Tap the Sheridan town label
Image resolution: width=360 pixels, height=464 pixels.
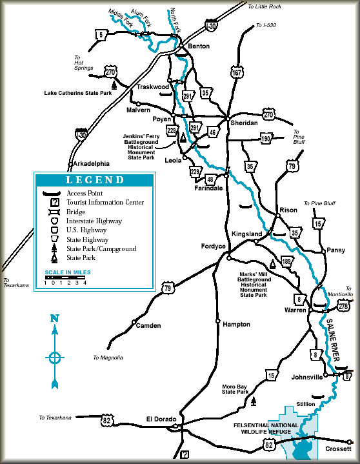(x=243, y=123)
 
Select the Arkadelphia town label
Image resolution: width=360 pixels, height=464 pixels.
(x=92, y=163)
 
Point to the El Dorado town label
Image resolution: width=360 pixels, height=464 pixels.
(x=161, y=419)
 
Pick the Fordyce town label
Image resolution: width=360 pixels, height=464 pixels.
(x=214, y=246)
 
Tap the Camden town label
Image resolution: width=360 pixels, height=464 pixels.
(x=148, y=325)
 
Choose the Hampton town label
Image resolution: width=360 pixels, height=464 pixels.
(x=236, y=324)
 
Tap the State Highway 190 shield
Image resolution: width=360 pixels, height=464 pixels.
(x=266, y=138)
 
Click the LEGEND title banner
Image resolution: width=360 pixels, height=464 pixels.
(x=94, y=180)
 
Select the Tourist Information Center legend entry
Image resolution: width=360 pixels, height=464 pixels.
(x=105, y=202)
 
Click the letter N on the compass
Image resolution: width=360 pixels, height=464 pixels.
(x=55, y=318)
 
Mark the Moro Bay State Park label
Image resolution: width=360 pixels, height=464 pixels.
(x=235, y=388)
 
